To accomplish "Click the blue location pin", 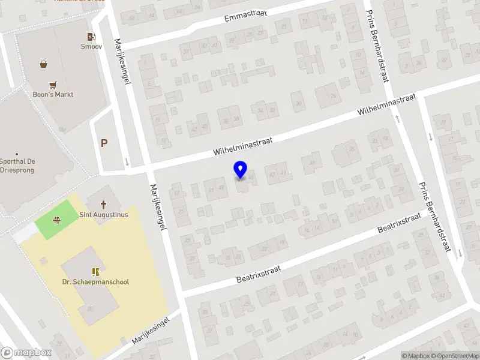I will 241,170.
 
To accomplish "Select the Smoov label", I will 91,46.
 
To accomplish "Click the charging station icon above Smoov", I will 91,37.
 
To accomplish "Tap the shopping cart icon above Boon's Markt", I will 53,85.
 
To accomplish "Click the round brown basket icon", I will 43,64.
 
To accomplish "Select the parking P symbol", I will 104,143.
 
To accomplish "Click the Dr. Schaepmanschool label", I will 95,282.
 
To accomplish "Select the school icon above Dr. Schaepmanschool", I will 95,272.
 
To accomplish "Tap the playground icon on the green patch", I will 56,219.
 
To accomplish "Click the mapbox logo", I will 26,353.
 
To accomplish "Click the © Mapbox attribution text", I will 415,356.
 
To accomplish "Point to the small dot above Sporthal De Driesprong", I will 17,154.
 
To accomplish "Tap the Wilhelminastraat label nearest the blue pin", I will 243,146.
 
